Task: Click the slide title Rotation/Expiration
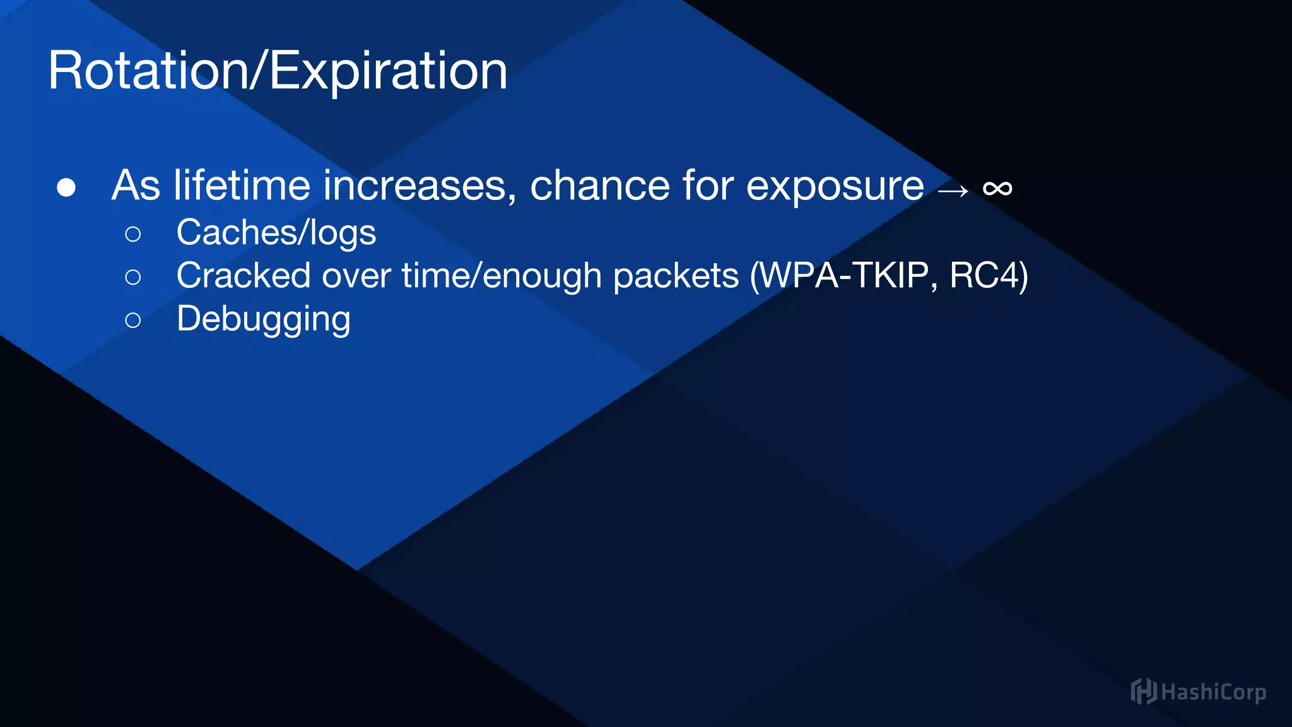pyautogui.click(x=278, y=71)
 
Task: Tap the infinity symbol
pyautogui.click(x=997, y=188)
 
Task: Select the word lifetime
pyautogui.click(x=242, y=186)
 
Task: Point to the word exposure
pyautogui.click(x=835, y=187)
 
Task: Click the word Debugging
pyautogui.click(x=263, y=319)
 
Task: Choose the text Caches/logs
pyautogui.click(x=276, y=232)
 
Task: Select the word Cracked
pyautogui.click(x=244, y=276)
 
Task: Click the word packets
pyautogui.click(x=676, y=276)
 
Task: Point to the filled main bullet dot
pyautogui.click(x=66, y=187)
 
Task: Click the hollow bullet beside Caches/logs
pyautogui.click(x=133, y=234)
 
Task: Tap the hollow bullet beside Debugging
pyautogui.click(x=133, y=320)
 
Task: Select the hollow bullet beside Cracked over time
pyautogui.click(x=133, y=277)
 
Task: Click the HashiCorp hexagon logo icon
pyautogui.click(x=1142, y=692)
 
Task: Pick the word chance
pyautogui.click(x=599, y=186)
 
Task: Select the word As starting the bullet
pyautogui.click(x=136, y=186)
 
